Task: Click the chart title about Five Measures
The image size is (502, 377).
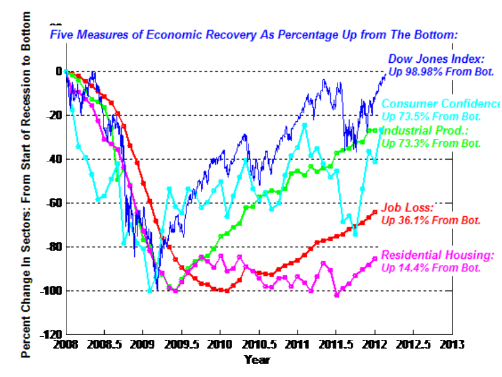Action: (x=254, y=35)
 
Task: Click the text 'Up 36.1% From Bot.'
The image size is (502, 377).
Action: (x=431, y=221)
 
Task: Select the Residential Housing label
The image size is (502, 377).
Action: (x=438, y=254)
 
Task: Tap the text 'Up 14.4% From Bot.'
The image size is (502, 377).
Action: (x=431, y=267)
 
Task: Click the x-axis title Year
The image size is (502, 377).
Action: (x=257, y=360)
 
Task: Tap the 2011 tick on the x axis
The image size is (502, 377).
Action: (x=297, y=346)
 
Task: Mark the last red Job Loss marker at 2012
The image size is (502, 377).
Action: (x=375, y=212)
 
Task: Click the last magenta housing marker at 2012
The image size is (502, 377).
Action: (x=375, y=258)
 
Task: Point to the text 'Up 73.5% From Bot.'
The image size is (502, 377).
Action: (x=431, y=117)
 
